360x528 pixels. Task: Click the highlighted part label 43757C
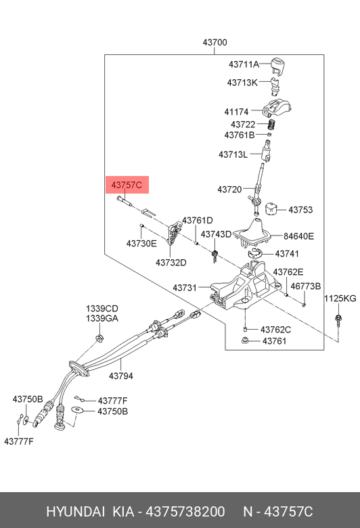coord(127,185)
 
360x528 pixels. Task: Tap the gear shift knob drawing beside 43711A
coord(279,66)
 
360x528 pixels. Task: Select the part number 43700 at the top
coord(215,43)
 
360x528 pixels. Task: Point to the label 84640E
coord(298,236)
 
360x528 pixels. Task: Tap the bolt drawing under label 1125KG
coord(338,321)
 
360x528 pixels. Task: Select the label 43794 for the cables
coord(121,376)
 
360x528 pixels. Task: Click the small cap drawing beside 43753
coord(271,208)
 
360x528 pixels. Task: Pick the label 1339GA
coord(102,318)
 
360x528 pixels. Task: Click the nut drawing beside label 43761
coord(245,340)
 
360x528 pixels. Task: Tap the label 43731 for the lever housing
coord(185,288)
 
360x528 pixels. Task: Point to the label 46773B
coord(306,286)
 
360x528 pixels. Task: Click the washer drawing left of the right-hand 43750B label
coord(78,410)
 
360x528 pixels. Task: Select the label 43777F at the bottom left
coord(19,441)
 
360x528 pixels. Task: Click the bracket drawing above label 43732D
coord(173,233)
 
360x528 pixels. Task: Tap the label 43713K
coord(242,83)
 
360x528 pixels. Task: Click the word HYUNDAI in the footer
coord(75,512)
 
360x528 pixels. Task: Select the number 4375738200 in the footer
coord(185,512)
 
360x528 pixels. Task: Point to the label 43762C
coord(276,330)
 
